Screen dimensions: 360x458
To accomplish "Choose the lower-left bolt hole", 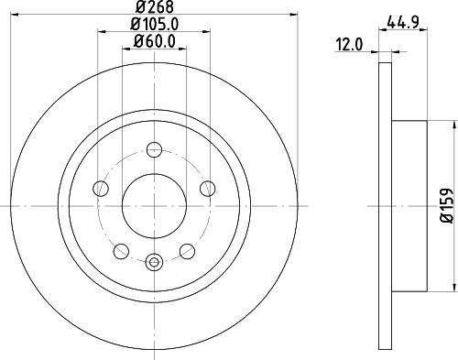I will point(119,250).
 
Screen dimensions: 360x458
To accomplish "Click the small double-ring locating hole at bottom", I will point(153,262).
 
